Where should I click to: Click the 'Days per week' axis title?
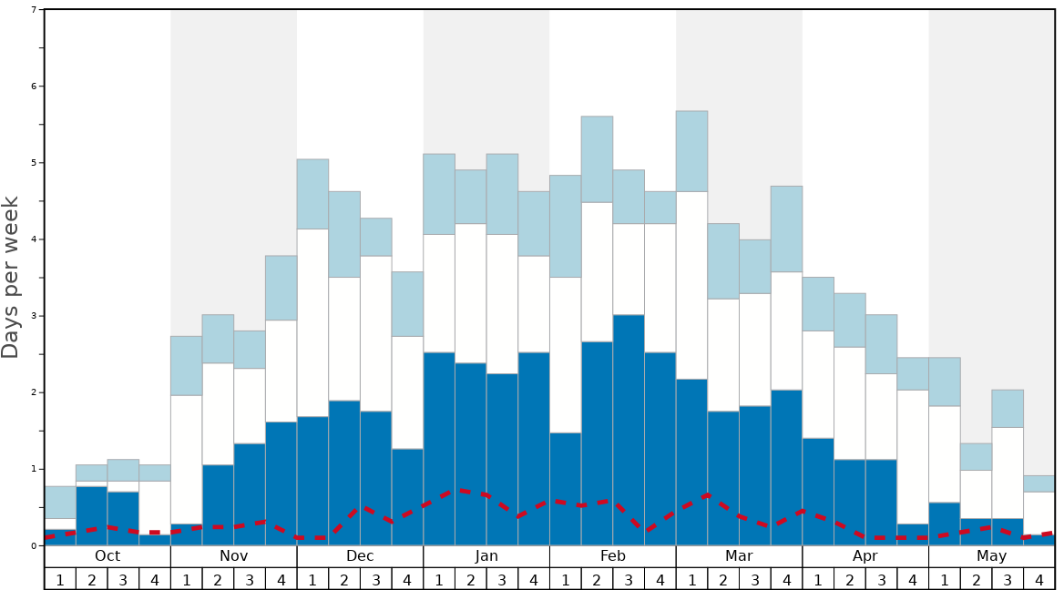[x=11, y=277]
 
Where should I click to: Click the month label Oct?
[x=107, y=556]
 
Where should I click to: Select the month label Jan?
[x=486, y=556]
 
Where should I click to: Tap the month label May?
[x=992, y=556]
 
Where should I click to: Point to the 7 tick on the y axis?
[x=34, y=10]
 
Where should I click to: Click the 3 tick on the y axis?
[x=34, y=316]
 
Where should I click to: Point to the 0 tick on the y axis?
[x=34, y=545]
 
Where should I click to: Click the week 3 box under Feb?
[x=629, y=578]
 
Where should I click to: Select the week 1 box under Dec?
[x=312, y=578]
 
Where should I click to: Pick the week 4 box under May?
[x=1039, y=578]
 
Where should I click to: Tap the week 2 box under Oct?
[x=92, y=578]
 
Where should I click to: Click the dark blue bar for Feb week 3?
[x=629, y=428]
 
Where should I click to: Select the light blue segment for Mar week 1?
[x=691, y=151]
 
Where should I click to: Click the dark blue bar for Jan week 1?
[x=439, y=446]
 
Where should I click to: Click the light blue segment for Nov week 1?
[x=186, y=365]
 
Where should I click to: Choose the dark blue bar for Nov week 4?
[x=281, y=483]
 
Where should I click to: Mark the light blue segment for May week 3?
[x=1008, y=409]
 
